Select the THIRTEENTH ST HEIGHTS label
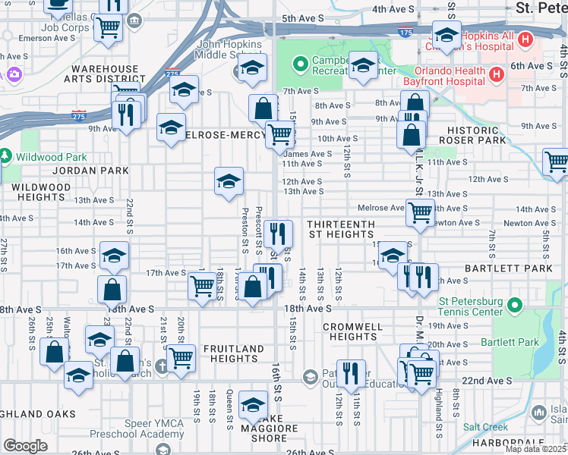pyautogui.click(x=341, y=230)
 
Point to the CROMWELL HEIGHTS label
pyautogui.click(x=349, y=331)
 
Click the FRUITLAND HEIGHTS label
pyautogui.click(x=232, y=354)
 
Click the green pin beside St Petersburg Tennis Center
pyautogui.click(x=516, y=306)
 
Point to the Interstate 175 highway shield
pyautogui.click(x=405, y=33)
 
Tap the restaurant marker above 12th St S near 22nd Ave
pyautogui.click(x=350, y=372)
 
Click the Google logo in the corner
pyautogui.click(x=25, y=446)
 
